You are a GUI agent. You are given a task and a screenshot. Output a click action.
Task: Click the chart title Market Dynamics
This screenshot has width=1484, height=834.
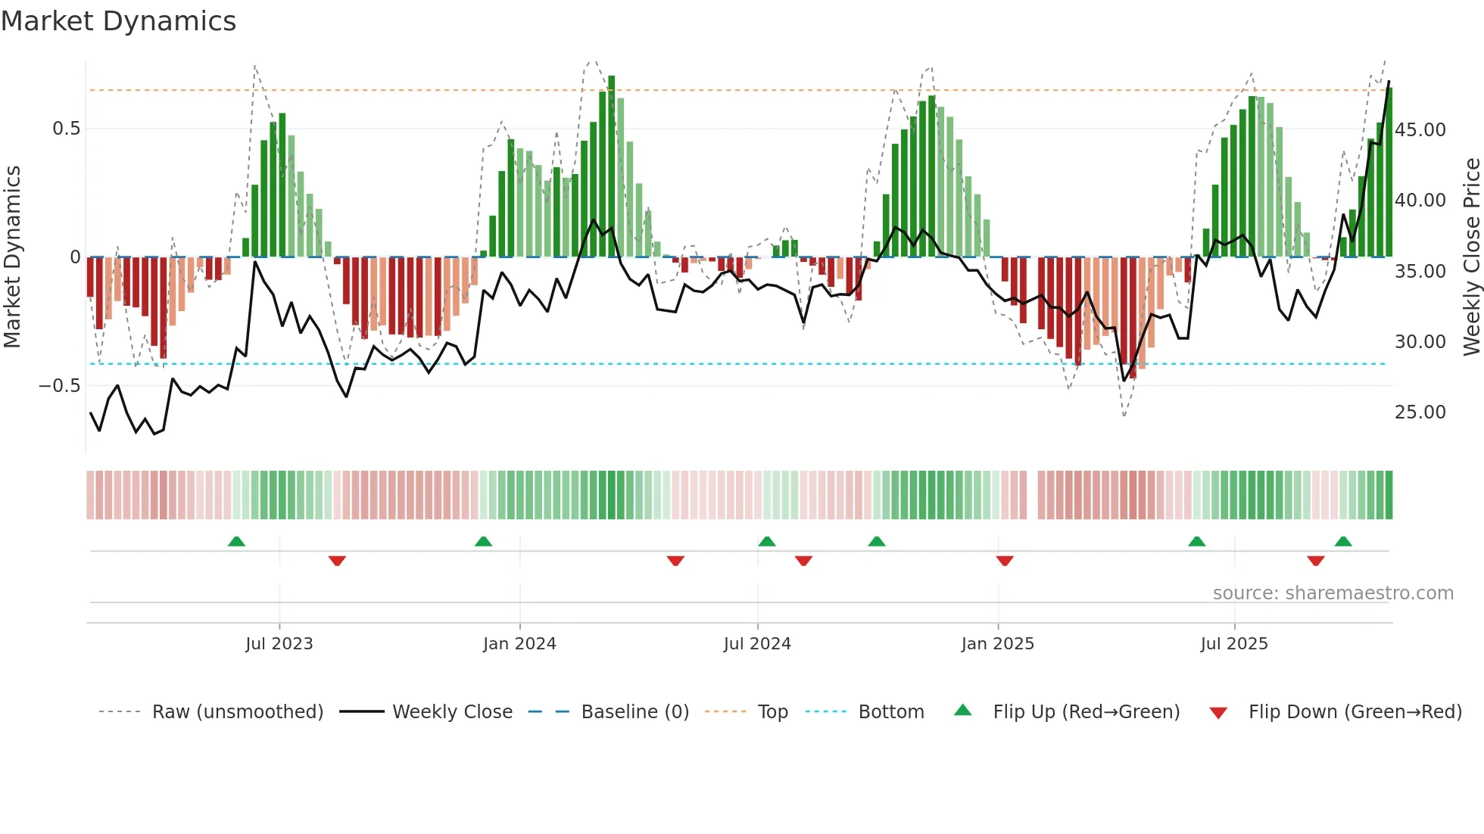(x=118, y=21)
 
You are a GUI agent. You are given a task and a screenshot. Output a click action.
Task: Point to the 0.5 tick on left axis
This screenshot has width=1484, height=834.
(x=66, y=129)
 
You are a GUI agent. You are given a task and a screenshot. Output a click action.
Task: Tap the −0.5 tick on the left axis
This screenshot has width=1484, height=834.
(x=59, y=386)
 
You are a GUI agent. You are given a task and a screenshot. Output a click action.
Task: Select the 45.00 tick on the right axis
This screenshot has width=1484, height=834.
(x=1420, y=129)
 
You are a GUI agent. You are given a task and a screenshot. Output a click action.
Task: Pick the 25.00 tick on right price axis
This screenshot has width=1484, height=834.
(x=1420, y=412)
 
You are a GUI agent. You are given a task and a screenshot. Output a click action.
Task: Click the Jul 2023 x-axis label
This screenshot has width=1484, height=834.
(x=279, y=644)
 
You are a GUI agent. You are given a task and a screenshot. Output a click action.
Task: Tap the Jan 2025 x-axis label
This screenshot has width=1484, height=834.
(x=997, y=644)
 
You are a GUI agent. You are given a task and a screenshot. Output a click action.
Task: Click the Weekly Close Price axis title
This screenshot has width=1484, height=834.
(x=1471, y=257)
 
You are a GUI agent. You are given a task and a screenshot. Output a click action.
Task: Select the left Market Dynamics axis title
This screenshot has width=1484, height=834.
(x=12, y=257)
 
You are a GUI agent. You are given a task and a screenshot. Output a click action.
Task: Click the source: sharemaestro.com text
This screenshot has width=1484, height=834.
(x=1333, y=593)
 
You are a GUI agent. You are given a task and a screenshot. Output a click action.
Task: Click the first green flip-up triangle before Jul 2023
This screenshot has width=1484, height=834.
(x=236, y=541)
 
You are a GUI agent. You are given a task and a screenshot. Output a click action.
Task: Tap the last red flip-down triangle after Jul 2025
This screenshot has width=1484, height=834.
(x=1315, y=561)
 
